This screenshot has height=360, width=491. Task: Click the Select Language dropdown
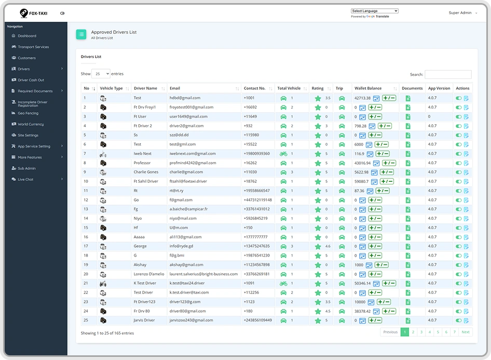[x=375, y=11]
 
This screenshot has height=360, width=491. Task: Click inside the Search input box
[x=448, y=74]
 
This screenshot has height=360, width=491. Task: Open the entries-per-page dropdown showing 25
[x=101, y=74]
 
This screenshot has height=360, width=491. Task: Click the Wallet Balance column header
[x=368, y=88]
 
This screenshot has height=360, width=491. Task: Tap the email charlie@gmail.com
[x=186, y=172]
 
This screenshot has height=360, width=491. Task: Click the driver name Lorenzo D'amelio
[x=149, y=274]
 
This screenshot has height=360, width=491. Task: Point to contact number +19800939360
[x=256, y=154]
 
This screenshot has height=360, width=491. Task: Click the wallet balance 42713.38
[x=362, y=98]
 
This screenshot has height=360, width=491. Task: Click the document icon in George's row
[x=408, y=246]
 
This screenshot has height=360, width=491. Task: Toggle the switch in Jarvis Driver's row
[x=458, y=321]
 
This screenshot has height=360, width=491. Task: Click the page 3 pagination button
[x=421, y=332]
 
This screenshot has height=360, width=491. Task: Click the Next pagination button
[x=466, y=332]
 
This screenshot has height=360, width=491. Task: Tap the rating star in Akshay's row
[x=318, y=265]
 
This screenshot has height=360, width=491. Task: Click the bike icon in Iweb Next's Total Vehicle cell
[x=283, y=154]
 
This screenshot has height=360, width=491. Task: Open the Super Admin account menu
[x=462, y=13]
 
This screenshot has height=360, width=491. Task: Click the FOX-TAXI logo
[x=34, y=13]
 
